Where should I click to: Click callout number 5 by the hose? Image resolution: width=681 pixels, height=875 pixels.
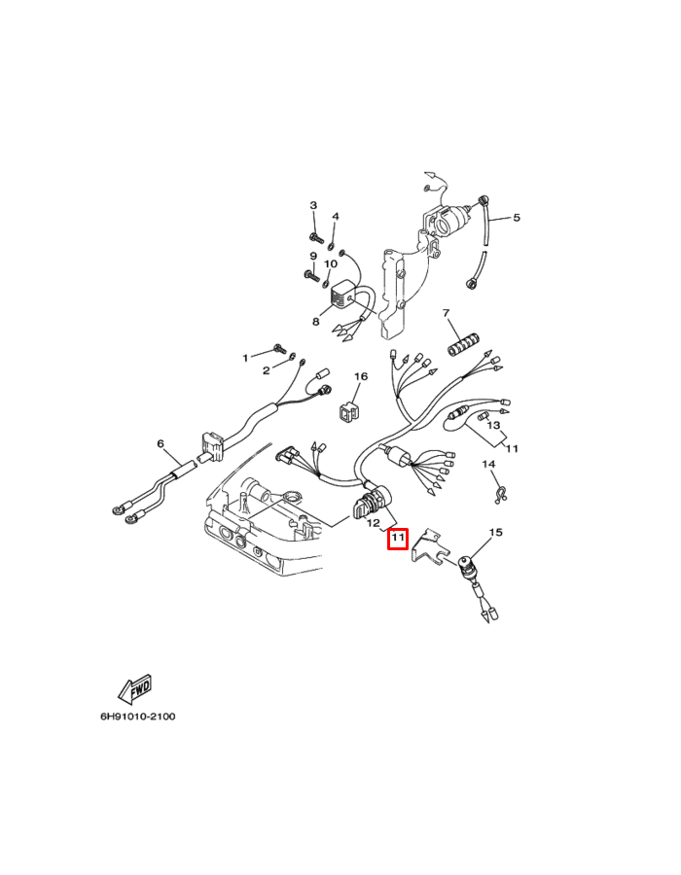(517, 218)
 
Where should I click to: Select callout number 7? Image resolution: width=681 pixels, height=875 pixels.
(447, 313)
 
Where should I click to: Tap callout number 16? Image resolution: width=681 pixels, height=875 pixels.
(360, 376)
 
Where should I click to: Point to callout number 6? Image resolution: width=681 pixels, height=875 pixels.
(161, 444)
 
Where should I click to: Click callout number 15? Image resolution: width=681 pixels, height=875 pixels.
(495, 533)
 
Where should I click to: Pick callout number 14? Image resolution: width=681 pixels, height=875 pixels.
(488, 465)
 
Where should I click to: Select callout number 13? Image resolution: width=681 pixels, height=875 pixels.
(493, 426)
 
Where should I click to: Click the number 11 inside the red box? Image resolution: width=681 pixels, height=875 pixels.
(397, 538)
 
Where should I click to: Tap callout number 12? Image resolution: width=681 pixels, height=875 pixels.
(374, 524)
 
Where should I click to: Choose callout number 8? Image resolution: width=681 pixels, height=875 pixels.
(315, 321)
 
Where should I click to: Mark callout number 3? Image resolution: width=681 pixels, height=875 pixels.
(313, 205)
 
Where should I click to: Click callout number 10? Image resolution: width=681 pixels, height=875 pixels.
(331, 263)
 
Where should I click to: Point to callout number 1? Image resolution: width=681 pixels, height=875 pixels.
(246, 358)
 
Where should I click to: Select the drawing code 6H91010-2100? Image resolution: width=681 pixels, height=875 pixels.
(137, 717)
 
